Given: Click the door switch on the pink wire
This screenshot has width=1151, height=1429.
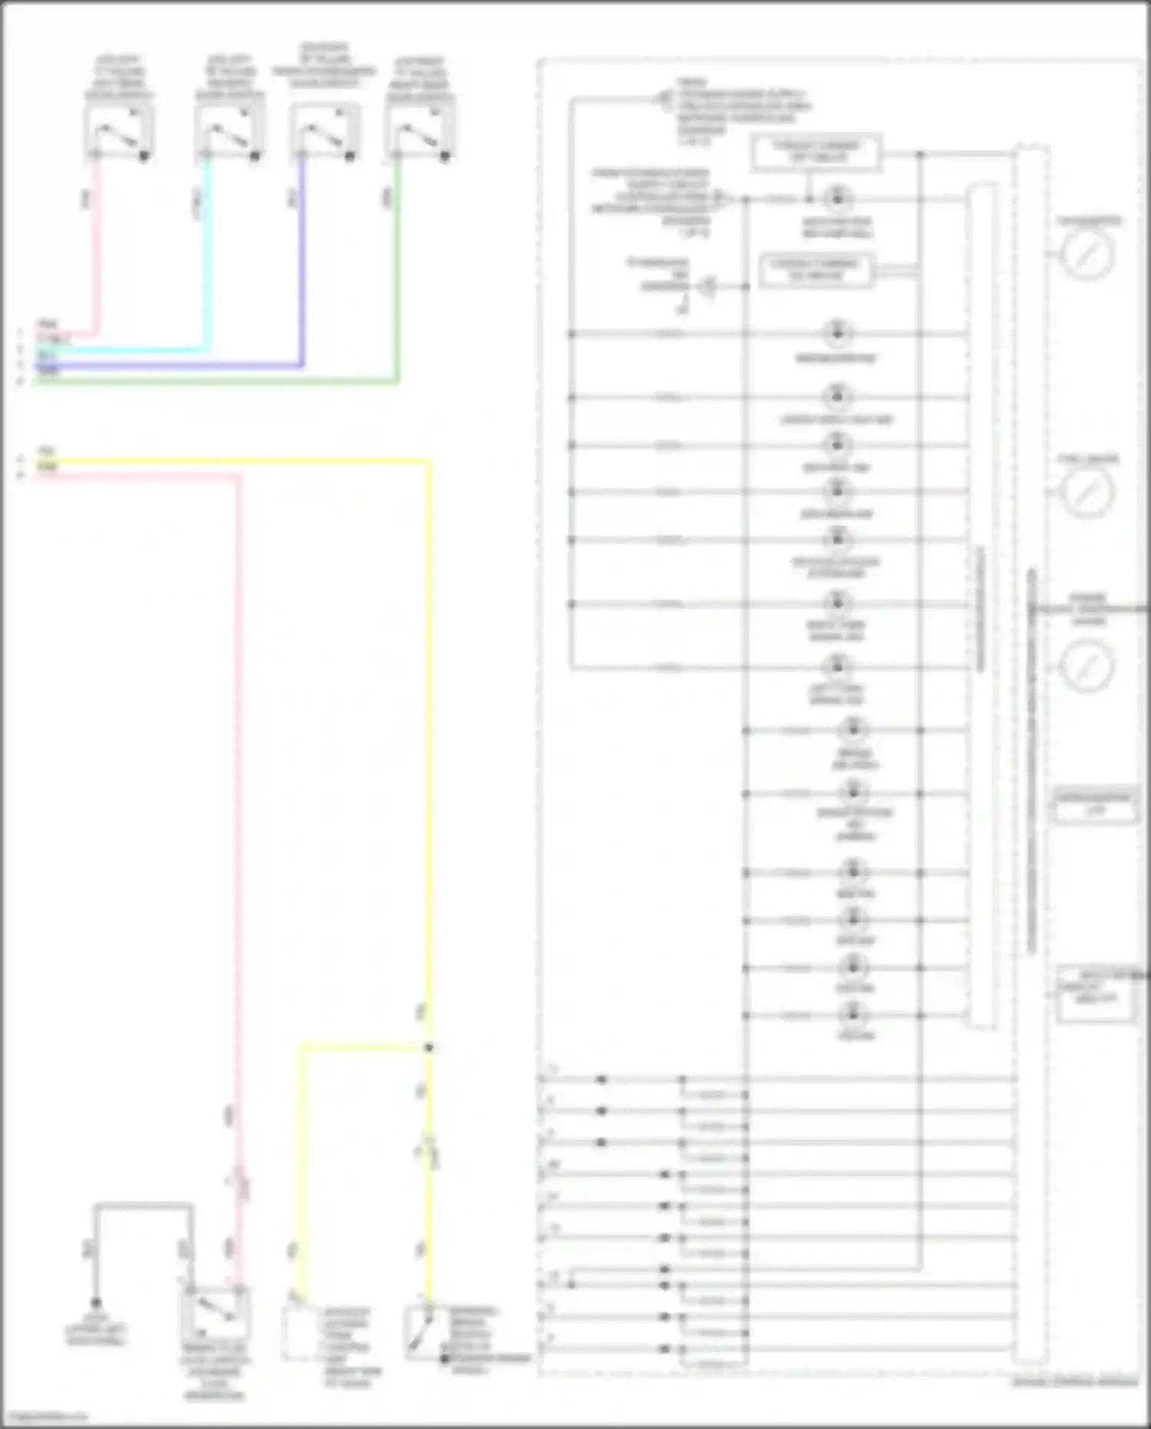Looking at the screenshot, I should click(x=118, y=132).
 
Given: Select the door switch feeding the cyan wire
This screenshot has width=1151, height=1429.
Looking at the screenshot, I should click(x=229, y=132).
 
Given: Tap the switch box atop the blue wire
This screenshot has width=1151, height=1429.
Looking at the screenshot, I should click(x=325, y=132).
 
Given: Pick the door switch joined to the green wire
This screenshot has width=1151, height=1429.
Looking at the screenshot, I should click(x=420, y=132).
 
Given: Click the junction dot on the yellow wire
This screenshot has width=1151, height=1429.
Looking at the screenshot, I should click(x=429, y=1047).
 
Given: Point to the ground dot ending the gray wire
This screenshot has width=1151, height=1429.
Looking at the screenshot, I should click(x=96, y=1302).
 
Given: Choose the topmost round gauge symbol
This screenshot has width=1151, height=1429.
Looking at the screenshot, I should click(x=1087, y=253).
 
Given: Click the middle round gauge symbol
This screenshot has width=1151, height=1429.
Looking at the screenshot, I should click(x=1087, y=491).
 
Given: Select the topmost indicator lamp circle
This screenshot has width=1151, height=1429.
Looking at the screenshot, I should click(x=836, y=198).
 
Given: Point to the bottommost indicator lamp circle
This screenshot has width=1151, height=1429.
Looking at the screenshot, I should click(x=853, y=1015).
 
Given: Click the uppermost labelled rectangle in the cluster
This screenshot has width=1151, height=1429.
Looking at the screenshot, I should click(x=816, y=152).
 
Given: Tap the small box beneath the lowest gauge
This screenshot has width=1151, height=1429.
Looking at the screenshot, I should click(x=1093, y=804).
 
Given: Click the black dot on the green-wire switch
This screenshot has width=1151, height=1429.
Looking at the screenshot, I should click(x=444, y=156).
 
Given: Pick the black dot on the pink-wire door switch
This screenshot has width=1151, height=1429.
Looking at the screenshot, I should click(x=143, y=156).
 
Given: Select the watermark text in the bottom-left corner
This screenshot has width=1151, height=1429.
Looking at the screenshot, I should click(x=45, y=1417).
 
